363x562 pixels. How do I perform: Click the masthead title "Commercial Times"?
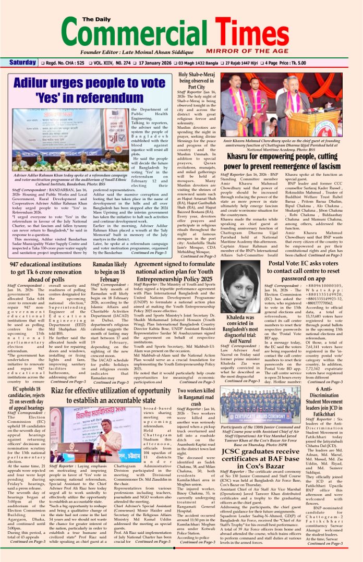pyautogui.click(x=181, y=31)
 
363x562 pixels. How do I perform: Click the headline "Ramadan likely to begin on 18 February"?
pyautogui.click(x=110, y=272)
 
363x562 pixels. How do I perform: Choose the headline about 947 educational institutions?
pyautogui.click(x=45, y=272)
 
